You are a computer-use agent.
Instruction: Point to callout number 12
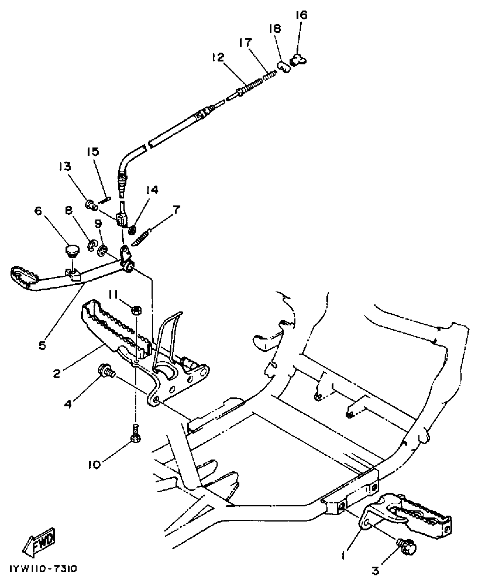tap(218, 57)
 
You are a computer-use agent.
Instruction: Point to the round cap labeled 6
tap(73, 251)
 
